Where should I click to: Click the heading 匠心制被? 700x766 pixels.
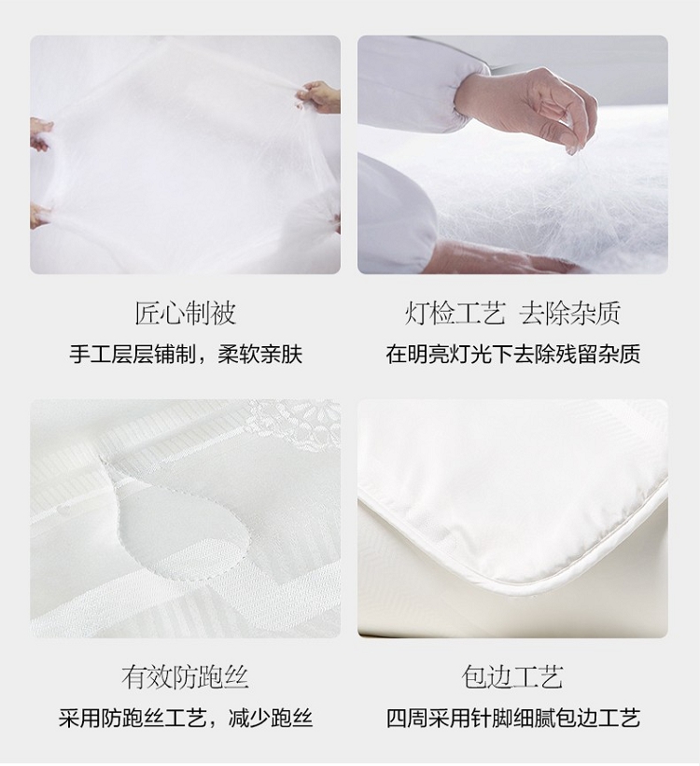(x=185, y=313)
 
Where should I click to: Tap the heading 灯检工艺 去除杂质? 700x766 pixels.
(x=512, y=313)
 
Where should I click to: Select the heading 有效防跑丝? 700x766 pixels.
(x=185, y=677)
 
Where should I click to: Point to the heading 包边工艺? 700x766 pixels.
(x=512, y=677)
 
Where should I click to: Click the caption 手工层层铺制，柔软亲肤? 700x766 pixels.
(x=186, y=355)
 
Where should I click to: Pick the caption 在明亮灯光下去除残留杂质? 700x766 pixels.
(x=512, y=355)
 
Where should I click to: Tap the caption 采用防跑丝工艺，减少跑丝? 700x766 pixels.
(x=186, y=718)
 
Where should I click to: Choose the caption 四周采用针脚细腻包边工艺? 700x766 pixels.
(x=512, y=718)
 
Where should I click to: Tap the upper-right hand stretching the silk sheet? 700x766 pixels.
(x=318, y=96)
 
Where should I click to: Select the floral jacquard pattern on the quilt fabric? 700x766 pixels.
(x=293, y=430)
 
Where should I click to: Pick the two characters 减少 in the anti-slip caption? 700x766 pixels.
(x=250, y=718)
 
